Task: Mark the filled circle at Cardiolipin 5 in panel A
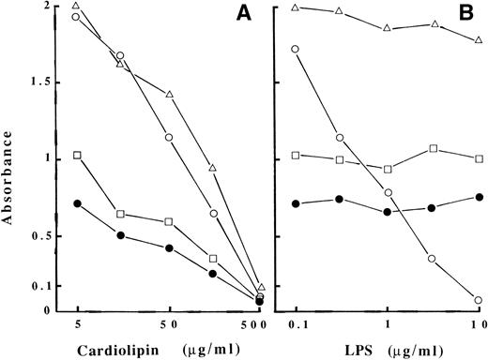click(x=77, y=203)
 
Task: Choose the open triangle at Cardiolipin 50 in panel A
click(x=170, y=95)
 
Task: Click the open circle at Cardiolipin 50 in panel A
click(x=170, y=138)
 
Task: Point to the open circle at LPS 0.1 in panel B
click(x=296, y=49)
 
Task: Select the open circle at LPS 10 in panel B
click(x=479, y=300)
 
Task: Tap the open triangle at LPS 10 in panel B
click(x=479, y=41)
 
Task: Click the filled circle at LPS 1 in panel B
click(x=388, y=212)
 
